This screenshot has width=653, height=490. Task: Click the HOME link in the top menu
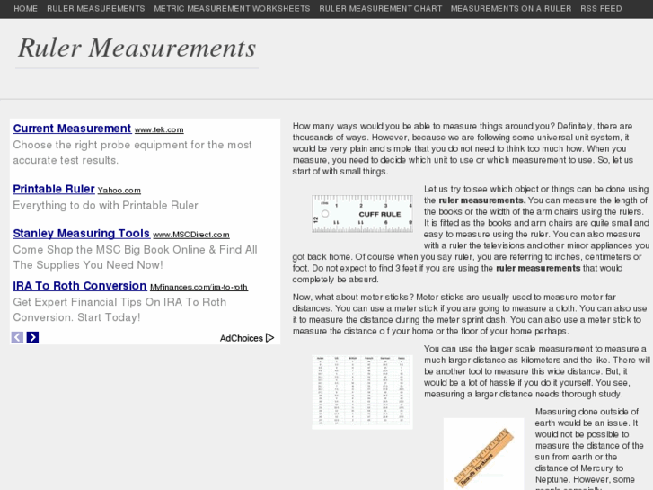tap(25, 9)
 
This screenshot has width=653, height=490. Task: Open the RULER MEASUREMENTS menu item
tap(95, 9)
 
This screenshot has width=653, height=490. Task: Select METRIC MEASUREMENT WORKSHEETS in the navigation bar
tap(232, 9)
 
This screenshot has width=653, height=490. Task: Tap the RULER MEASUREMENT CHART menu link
tap(380, 9)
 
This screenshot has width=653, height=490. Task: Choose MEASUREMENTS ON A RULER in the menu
tap(510, 9)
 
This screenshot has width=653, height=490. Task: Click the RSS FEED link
tap(601, 9)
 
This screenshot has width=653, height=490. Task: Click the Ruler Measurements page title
tap(137, 48)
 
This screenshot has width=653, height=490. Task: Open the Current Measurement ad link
tap(72, 129)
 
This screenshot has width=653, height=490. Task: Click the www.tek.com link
tap(159, 130)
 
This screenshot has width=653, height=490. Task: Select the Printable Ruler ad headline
tap(53, 189)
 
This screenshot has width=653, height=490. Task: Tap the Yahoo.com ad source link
tap(119, 191)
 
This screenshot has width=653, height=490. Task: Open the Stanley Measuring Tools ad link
tap(81, 234)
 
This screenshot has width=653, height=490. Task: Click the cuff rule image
tap(362, 214)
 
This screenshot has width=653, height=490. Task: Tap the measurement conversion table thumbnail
tap(362, 391)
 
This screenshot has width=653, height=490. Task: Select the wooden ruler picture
tap(483, 454)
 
